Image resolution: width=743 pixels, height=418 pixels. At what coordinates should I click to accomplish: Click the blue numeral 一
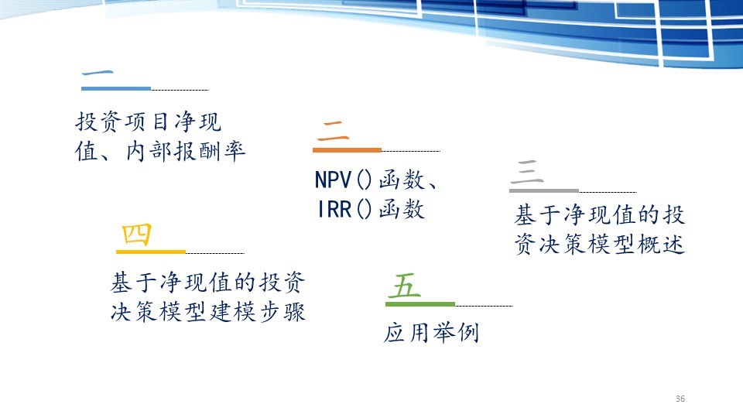(x=98, y=73)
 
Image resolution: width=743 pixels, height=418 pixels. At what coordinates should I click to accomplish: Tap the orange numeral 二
(x=333, y=131)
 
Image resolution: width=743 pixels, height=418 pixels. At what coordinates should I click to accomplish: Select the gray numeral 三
(x=527, y=172)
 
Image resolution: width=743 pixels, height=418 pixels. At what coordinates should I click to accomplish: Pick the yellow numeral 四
(x=136, y=234)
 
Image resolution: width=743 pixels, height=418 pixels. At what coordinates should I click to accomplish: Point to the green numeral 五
(x=404, y=286)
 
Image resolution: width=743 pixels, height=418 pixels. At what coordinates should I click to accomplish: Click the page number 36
(x=680, y=399)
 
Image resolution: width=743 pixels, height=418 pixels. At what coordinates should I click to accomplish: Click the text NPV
(x=333, y=180)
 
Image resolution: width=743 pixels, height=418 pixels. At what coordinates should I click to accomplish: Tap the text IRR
(x=334, y=209)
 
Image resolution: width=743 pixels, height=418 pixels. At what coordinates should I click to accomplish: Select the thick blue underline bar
(x=116, y=88)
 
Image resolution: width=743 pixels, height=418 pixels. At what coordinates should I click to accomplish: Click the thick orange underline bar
(x=347, y=150)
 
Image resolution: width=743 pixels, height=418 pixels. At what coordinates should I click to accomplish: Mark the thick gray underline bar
(x=544, y=190)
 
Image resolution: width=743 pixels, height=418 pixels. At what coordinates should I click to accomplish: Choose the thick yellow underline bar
(x=151, y=252)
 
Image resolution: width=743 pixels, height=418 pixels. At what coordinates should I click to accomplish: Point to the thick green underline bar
(x=420, y=303)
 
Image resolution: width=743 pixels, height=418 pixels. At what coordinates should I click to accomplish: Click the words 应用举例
(x=431, y=332)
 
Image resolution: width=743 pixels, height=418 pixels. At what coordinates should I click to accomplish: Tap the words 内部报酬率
(x=186, y=151)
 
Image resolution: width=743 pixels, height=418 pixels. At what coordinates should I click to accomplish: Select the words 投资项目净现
(x=149, y=122)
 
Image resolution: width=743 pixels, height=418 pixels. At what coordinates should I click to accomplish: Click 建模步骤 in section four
(x=258, y=312)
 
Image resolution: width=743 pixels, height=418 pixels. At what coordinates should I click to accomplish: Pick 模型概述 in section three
(x=636, y=245)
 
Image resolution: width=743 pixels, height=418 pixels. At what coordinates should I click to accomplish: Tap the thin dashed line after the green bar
(x=484, y=307)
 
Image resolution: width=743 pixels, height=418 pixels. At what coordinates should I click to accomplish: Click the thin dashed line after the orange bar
(x=411, y=151)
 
